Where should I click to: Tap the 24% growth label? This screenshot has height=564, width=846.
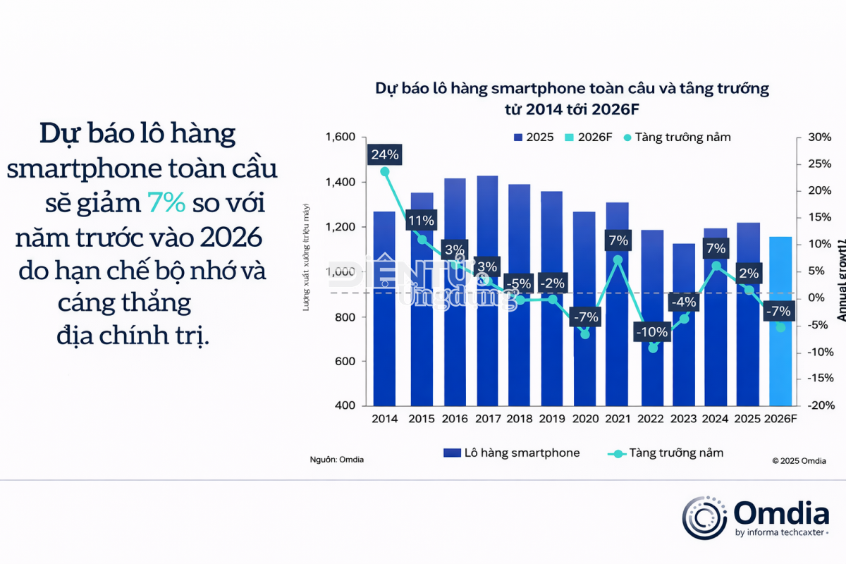coord(385,154)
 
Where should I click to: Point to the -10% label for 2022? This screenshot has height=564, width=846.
coord(651,331)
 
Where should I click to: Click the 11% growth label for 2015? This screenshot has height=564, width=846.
coord(422,221)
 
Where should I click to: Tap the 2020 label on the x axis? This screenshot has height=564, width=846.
coord(586,419)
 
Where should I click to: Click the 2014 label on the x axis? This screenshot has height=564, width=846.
coord(385,419)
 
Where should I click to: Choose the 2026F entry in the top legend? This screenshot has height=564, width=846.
coord(594,137)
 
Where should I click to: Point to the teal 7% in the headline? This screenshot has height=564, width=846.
coord(166,203)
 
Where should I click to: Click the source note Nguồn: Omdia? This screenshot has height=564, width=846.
coord(337,460)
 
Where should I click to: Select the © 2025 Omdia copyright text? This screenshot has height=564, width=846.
coord(799,460)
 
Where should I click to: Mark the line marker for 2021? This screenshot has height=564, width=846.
coord(618,259)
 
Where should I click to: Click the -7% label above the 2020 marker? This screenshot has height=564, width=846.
coord(586,317)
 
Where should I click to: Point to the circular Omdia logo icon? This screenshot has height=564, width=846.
coord(705,517)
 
